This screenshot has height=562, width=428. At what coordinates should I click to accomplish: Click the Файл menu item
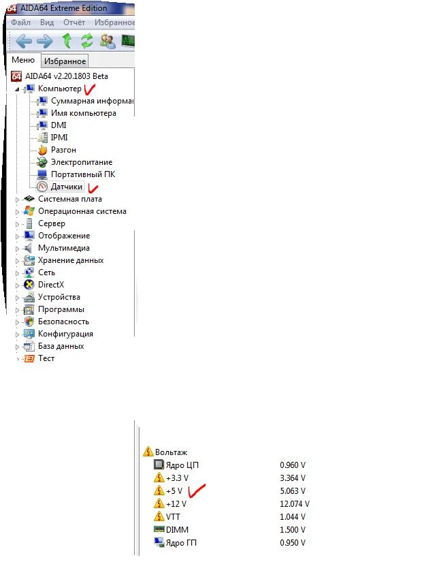pyautogui.click(x=21, y=22)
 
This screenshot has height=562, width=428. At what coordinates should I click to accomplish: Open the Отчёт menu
pyautogui.click(x=74, y=22)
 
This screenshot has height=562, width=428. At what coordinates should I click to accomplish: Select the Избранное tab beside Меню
pyautogui.click(x=65, y=61)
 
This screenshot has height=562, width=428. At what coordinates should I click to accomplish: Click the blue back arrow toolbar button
pyautogui.click(x=24, y=42)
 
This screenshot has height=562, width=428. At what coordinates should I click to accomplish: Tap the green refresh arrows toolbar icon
pyautogui.click(x=86, y=40)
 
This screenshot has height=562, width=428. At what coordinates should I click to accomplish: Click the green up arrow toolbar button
pyautogui.click(x=67, y=40)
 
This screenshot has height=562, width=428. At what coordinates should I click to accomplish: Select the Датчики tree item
pyautogui.click(x=67, y=187)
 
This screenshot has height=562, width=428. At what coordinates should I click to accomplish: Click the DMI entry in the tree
pyautogui.click(x=59, y=125)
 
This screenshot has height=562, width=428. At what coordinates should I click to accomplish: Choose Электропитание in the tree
pyautogui.click(x=82, y=162)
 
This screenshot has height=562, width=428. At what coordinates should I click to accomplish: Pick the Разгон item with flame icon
pyautogui.click(x=63, y=150)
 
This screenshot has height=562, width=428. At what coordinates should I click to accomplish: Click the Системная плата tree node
pyautogui.click(x=70, y=199)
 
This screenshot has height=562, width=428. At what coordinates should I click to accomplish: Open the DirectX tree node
pyautogui.click(x=51, y=285)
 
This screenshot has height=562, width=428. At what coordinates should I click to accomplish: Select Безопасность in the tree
pyautogui.click(x=63, y=322)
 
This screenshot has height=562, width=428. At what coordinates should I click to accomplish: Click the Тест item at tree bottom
pyautogui.click(x=46, y=358)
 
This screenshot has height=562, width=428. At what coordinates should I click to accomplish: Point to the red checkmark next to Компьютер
pyautogui.click(x=89, y=89)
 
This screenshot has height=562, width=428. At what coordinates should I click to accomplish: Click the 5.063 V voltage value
pyautogui.click(x=293, y=491)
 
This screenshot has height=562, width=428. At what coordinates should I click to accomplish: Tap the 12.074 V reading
pyautogui.click(x=295, y=504)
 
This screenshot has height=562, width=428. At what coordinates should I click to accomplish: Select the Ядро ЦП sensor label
pyautogui.click(x=182, y=465)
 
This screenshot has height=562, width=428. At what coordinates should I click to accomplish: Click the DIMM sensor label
pyautogui.click(x=177, y=530)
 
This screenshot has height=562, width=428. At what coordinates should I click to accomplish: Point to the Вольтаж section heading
pyautogui.click(x=171, y=452)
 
